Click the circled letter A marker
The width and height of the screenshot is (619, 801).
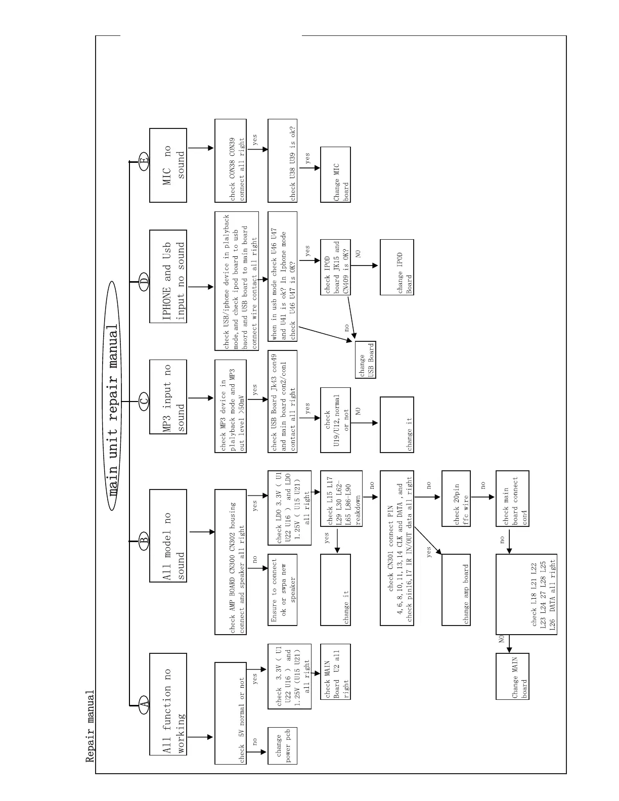point(144,703)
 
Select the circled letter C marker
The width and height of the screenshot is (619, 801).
point(144,402)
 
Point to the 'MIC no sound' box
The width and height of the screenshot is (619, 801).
point(168,165)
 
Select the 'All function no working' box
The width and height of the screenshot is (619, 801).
point(168,704)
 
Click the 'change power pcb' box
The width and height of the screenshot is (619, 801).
point(282,746)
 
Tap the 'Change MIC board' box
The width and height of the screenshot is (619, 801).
point(335,174)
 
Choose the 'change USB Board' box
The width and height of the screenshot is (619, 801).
point(366,360)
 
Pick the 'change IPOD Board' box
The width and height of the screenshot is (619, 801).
point(397,266)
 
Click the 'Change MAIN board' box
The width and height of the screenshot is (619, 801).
point(513,676)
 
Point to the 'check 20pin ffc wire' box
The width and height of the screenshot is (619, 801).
point(457,499)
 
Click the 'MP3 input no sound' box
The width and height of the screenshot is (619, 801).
point(168,397)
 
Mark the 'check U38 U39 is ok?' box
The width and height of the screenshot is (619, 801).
point(282,161)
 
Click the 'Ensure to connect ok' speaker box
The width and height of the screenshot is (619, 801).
point(282,590)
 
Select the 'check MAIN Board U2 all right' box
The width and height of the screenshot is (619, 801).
point(335,672)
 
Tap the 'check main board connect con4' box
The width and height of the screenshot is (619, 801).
point(513,499)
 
